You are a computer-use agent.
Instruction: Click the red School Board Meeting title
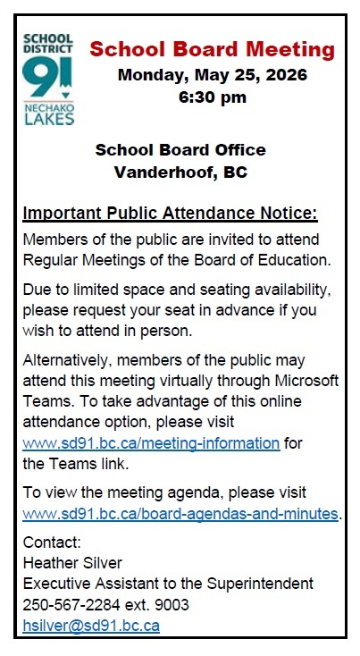coord(213,48)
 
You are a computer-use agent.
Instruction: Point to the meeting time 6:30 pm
coord(212,97)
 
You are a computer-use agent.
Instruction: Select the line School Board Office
coord(180,149)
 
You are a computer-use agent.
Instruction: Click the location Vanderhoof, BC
coord(180,172)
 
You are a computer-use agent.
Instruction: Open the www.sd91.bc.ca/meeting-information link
coord(151,442)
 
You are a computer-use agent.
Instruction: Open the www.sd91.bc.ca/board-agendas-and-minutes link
coord(180,514)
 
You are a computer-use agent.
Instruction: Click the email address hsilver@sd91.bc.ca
coord(91,626)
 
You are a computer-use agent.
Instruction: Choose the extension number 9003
coord(172,605)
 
